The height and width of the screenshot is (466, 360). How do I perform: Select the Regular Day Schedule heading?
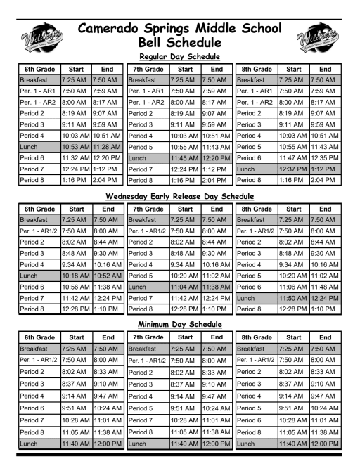point(179,56)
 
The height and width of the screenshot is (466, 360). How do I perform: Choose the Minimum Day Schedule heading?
point(180,325)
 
